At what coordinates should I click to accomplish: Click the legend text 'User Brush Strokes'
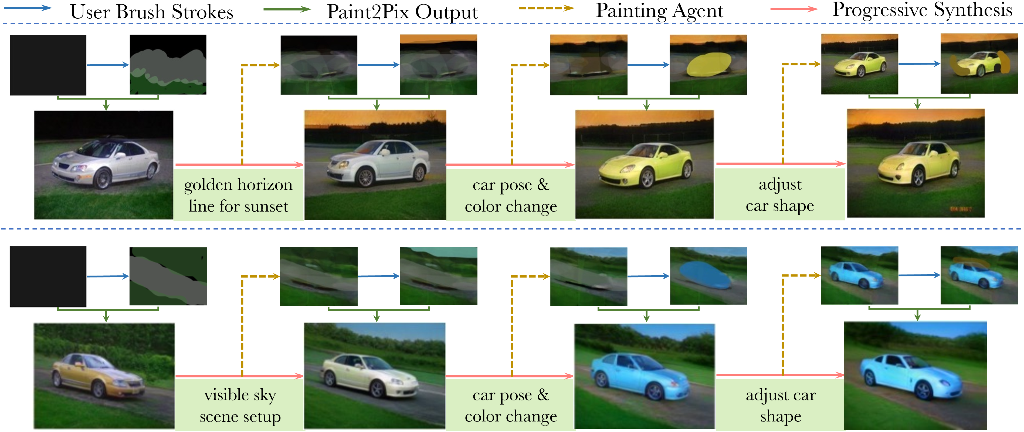click(x=151, y=12)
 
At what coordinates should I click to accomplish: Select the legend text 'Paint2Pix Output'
click(x=402, y=12)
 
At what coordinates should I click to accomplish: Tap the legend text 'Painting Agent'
click(x=659, y=11)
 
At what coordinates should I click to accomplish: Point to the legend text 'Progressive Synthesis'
click(x=922, y=10)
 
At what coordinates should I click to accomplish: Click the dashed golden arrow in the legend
click(x=547, y=8)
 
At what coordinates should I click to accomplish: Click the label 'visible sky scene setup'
click(x=240, y=406)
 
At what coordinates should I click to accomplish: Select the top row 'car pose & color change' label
click(x=511, y=195)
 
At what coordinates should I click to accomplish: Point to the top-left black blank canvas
click(x=48, y=65)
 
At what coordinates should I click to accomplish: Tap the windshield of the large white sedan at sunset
click(x=368, y=148)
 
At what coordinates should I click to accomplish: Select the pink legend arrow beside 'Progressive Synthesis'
click(x=794, y=9)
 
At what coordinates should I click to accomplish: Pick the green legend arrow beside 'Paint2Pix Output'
click(x=287, y=9)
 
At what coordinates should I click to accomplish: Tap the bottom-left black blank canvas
click(x=48, y=276)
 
